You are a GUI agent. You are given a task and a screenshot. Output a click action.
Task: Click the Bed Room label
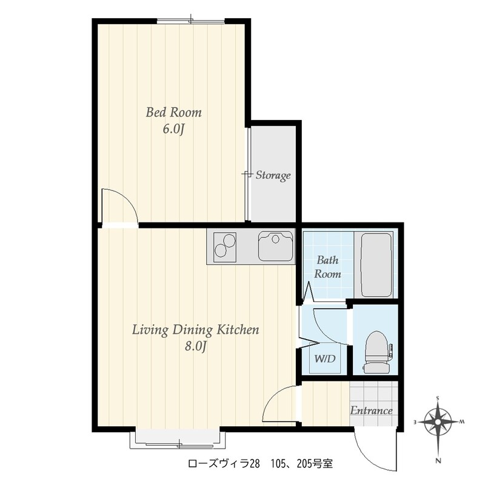pyautogui.click(x=173, y=112)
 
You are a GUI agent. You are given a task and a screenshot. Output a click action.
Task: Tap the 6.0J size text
pyautogui.click(x=173, y=129)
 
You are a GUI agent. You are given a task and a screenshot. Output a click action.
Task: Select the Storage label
pyautogui.click(x=273, y=175)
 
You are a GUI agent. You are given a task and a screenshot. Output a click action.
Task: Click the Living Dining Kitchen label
pyautogui.click(x=195, y=330)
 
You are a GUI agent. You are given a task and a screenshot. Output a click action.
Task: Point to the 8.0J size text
pyautogui.click(x=195, y=346)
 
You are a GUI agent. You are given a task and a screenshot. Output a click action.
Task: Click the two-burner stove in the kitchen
pyautogui.click(x=225, y=247)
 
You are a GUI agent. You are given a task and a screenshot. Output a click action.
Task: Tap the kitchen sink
pyautogui.click(x=275, y=246)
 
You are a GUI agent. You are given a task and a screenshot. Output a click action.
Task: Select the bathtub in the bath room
pyautogui.click(x=376, y=265)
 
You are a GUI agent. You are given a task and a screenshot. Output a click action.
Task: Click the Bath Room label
pyautogui.click(x=327, y=267)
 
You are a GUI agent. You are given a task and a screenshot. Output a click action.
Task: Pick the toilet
pyautogui.click(x=377, y=352)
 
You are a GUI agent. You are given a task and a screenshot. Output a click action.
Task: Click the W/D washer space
pyautogui.click(x=325, y=359)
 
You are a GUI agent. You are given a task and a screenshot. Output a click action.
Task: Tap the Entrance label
pyautogui.click(x=371, y=411)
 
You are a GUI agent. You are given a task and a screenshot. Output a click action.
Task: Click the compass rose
pyautogui.click(x=438, y=422)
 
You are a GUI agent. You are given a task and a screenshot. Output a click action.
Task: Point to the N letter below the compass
pyautogui.click(x=438, y=461)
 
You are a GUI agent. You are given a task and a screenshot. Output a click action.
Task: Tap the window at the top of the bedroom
pyautogui.click(x=191, y=21)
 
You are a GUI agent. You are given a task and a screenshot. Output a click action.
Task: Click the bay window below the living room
pyautogui.click(x=178, y=439)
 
